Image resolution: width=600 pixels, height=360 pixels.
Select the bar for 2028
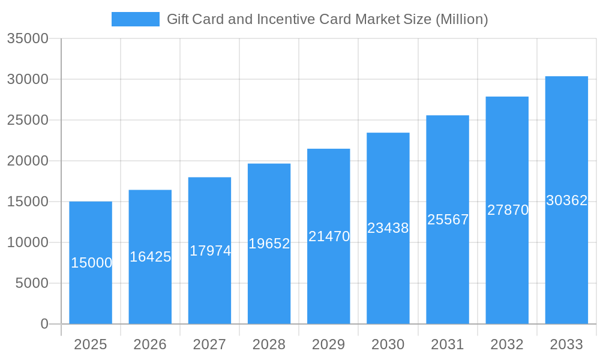click(x=269, y=282)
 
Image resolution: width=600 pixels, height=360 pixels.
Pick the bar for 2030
click(x=388, y=276)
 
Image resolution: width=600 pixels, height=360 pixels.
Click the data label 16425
click(x=151, y=257)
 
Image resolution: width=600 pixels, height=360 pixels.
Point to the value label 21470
click(x=329, y=236)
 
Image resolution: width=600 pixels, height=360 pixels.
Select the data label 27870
click(x=508, y=210)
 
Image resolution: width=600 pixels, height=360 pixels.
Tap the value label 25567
click(x=448, y=220)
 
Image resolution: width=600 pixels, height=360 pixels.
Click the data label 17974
click(x=210, y=251)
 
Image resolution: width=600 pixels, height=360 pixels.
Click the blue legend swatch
click(x=136, y=19)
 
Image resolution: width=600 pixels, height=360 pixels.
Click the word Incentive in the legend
click(x=281, y=19)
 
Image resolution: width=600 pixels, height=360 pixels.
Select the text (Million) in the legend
click(x=461, y=19)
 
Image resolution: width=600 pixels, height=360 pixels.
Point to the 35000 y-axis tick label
click(x=28, y=38)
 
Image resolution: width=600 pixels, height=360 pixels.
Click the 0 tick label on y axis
click(x=44, y=324)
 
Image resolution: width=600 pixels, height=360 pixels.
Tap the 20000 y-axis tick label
click(x=28, y=161)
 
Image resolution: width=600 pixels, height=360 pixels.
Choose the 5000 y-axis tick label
click(x=31, y=283)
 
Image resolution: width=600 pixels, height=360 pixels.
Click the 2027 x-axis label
click(x=209, y=344)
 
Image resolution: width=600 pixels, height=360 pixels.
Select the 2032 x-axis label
click(x=507, y=344)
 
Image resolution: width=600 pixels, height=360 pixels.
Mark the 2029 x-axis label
click(x=329, y=344)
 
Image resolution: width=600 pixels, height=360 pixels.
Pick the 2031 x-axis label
click(x=448, y=344)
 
